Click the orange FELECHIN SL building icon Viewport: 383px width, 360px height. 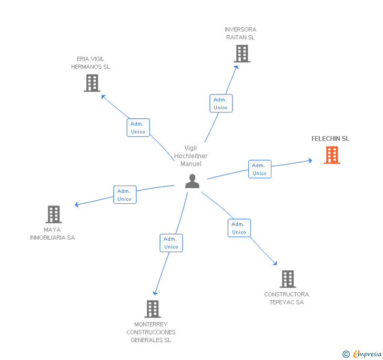click(332, 155)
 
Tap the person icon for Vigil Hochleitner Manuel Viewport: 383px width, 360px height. click(193, 181)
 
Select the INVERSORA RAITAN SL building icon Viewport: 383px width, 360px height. click(241, 54)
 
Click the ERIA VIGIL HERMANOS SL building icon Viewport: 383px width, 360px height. click(92, 83)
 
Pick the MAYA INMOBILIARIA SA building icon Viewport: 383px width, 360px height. click(54, 214)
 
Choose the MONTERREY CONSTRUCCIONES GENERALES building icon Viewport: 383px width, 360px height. click(153, 309)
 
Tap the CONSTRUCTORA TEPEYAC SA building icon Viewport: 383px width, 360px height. click(287, 279)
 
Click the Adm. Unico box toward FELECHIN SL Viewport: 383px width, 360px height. click(259, 169)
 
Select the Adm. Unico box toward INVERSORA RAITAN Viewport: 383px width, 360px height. click(220, 104)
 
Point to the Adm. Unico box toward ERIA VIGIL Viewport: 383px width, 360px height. click(138, 128)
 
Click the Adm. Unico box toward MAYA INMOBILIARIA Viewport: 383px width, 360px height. click(125, 195)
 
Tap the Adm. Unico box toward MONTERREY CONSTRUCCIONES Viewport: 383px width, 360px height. click(171, 243)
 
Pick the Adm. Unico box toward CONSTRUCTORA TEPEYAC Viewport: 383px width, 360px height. click(239, 228)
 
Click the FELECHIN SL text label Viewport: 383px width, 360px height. click(330, 139)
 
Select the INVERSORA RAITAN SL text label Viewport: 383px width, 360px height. click(240, 33)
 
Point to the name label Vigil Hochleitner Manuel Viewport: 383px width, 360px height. click(191, 156)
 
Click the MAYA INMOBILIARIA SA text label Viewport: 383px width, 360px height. click(53, 233)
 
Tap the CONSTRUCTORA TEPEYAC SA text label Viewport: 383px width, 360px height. click(287, 298)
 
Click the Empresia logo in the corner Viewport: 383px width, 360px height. click(362, 354)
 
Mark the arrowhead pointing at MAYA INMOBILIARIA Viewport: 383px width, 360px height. click(77, 204)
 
